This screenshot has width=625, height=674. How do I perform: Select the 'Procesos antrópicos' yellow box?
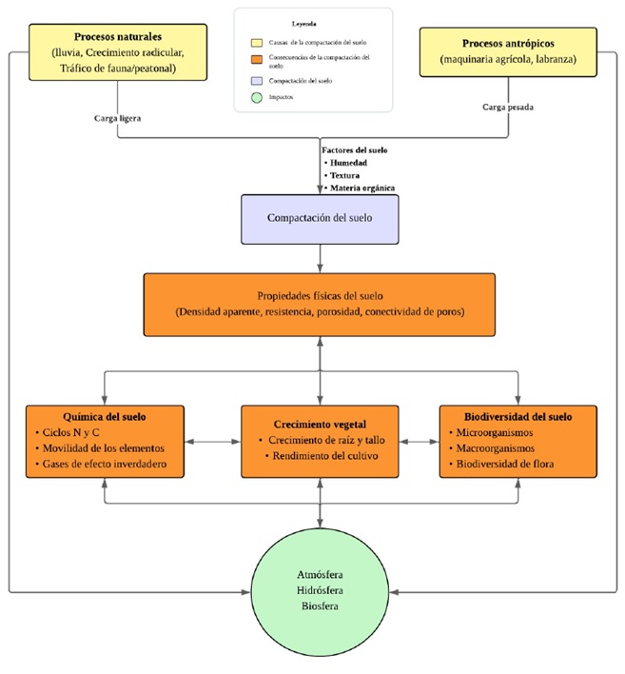pos(508,51)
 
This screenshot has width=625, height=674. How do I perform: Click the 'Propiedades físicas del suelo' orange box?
pos(319,305)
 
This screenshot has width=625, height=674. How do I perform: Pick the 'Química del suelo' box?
pos(104,442)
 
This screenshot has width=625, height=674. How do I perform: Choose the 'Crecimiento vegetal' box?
pos(319,442)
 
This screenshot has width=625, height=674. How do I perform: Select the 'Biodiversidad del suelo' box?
pos(518,442)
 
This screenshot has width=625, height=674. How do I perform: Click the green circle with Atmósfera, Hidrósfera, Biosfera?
pos(319,590)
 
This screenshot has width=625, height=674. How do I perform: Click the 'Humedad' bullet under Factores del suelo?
pos(351,163)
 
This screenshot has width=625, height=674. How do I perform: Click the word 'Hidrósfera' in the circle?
pos(319,590)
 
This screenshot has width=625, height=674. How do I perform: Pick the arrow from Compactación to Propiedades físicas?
pos(319,257)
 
